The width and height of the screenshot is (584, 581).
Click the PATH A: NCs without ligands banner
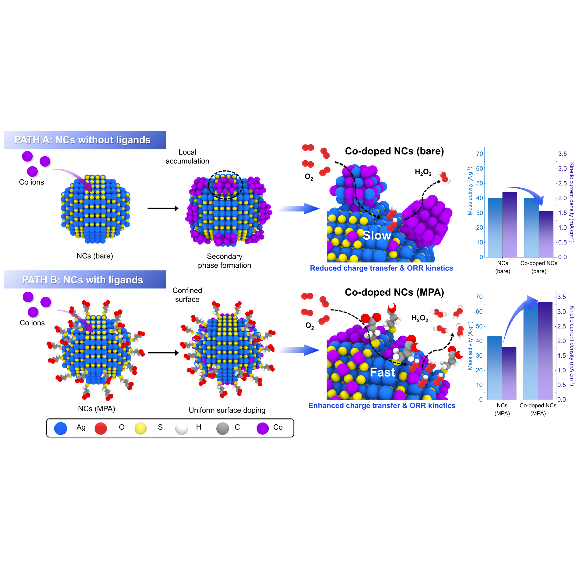[x=85, y=140]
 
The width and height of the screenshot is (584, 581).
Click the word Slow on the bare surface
[x=377, y=235]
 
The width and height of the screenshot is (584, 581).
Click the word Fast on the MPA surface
[x=382, y=372]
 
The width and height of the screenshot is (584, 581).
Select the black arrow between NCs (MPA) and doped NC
[x=163, y=353]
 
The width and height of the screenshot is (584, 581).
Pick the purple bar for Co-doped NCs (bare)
[x=546, y=234]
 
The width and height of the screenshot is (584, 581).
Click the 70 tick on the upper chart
[x=479, y=154]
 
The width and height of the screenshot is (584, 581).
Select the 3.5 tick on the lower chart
[x=562, y=297]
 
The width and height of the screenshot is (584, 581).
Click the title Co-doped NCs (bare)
[x=394, y=151]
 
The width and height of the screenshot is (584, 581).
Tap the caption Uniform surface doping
[x=227, y=410]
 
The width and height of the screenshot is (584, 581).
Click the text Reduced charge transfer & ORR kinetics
[x=381, y=268]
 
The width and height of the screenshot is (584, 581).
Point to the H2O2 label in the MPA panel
[x=420, y=318]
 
